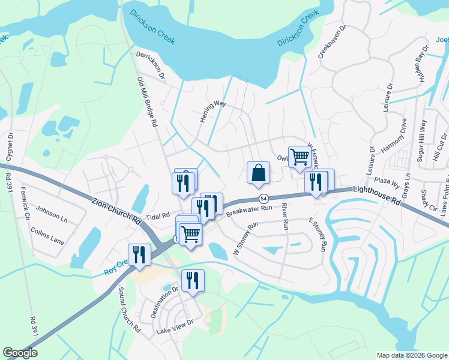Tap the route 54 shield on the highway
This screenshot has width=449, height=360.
click(x=263, y=199)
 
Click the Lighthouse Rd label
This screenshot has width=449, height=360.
click(x=376, y=196)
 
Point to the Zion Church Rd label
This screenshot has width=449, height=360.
click(x=116, y=210)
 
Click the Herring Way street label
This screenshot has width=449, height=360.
click(x=212, y=112)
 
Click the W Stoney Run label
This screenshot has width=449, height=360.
click(x=245, y=237)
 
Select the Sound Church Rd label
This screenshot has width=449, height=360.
click(x=129, y=311)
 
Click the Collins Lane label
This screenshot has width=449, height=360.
click(x=48, y=240)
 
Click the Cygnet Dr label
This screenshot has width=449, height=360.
click(x=10, y=148)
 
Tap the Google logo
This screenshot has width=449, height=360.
click(x=20, y=353)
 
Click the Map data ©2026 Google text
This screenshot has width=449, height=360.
click(x=411, y=355)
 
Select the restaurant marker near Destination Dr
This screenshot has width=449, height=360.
click(x=193, y=281)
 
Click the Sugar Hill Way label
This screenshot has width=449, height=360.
click(x=422, y=139)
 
